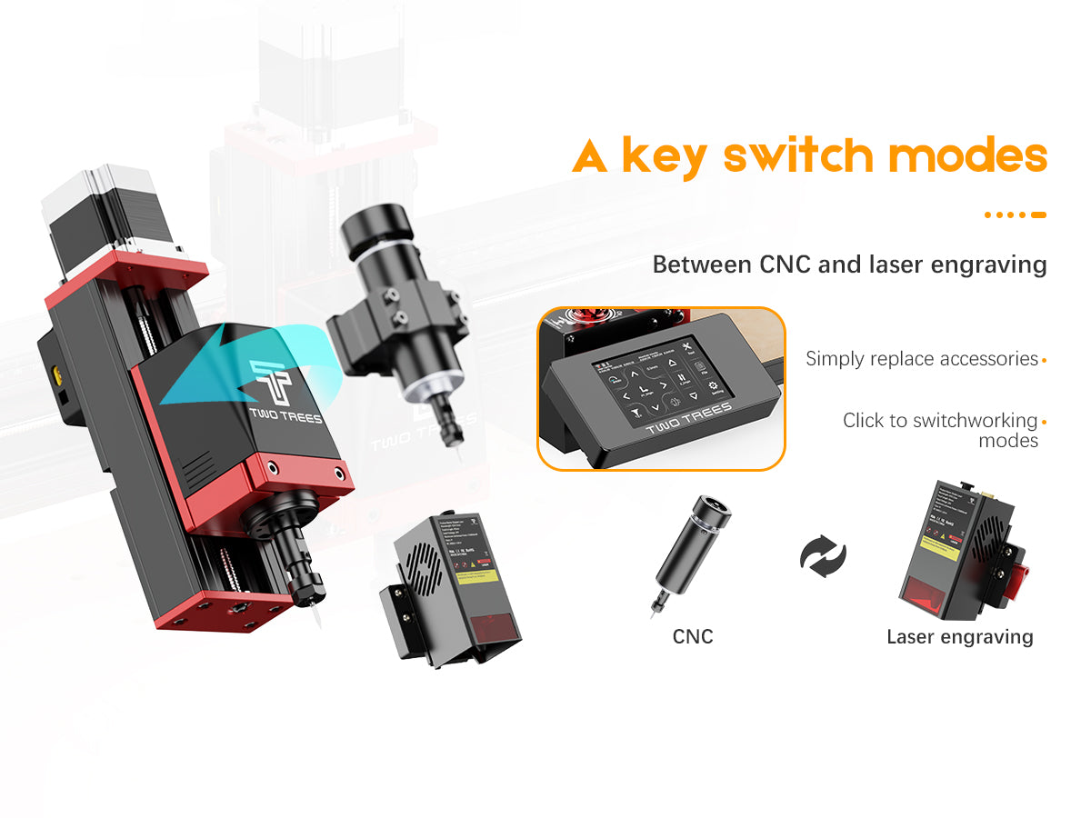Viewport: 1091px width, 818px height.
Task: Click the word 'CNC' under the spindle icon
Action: click(693, 636)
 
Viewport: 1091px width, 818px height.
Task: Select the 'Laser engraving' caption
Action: click(959, 636)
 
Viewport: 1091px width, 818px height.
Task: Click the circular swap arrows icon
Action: click(823, 554)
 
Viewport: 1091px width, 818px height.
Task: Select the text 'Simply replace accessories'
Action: click(921, 359)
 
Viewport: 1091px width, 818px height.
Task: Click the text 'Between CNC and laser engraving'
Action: click(849, 265)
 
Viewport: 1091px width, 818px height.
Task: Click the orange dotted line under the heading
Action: click(1015, 215)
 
